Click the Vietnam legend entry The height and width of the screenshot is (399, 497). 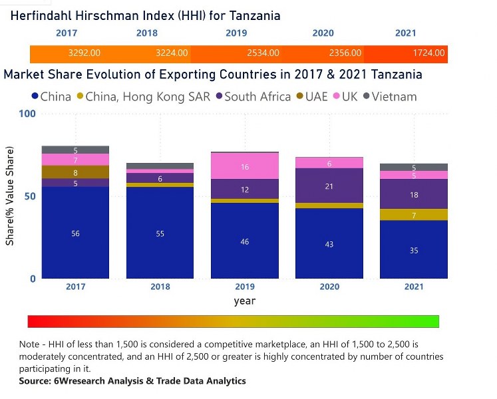394,96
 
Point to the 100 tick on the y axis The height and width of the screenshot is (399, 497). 27,114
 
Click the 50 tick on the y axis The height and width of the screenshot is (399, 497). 29,197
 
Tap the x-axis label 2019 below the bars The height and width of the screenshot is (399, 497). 244,287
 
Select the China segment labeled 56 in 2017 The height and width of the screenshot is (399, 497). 75,233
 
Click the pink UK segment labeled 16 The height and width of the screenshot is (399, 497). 244,167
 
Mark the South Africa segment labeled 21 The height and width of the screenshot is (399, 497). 329,187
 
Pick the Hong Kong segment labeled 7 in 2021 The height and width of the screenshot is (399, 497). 413,215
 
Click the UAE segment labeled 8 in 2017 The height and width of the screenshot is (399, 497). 75,172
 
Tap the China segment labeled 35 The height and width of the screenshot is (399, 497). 413,250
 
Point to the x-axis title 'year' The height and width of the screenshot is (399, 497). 244,301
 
